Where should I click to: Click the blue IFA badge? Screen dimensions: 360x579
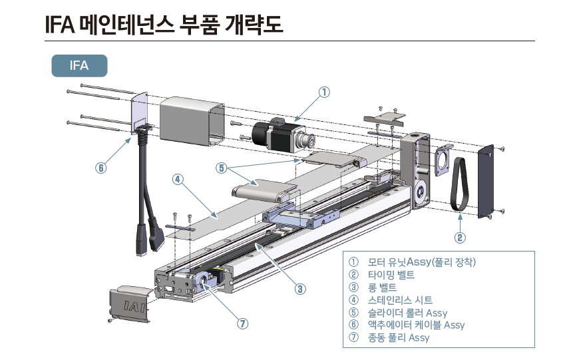(79, 66)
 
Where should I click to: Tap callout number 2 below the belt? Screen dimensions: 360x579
(460, 237)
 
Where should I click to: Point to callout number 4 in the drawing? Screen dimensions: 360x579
(177, 179)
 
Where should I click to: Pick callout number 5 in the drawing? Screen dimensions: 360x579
(221, 168)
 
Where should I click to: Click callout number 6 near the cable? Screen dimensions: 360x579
(100, 168)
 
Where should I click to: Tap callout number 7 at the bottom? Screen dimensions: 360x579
(243, 323)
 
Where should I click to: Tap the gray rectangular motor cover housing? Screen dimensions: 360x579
(192, 120)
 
